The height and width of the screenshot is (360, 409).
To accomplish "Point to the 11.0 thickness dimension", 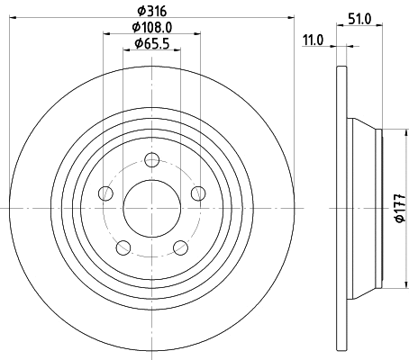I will coord(314,40).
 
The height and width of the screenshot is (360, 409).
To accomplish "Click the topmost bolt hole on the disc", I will coord(151,160).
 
